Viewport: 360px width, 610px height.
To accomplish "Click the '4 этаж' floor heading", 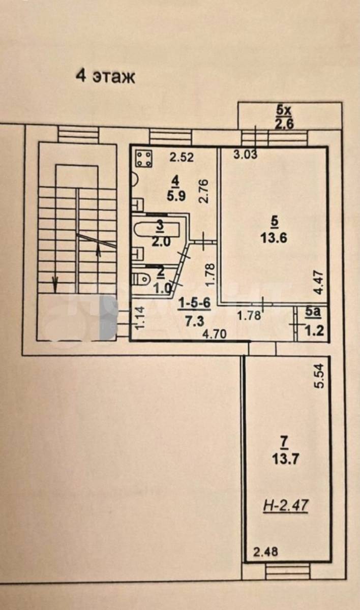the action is point(105,77).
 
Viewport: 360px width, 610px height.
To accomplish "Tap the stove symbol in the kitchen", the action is point(144,159).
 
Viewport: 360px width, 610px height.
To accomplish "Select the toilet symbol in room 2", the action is point(141,279).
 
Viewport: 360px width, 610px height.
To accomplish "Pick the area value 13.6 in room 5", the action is point(274,238).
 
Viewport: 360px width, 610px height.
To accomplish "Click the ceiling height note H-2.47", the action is point(286,506).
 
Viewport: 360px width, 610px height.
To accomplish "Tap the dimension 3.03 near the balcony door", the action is point(245,155).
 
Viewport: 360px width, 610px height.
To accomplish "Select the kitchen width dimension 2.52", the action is point(182,157).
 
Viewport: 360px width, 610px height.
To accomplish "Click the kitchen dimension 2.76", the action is point(203,191).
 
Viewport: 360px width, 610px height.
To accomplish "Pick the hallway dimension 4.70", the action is point(215,334).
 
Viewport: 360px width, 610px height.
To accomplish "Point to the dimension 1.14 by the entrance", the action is point(140,318).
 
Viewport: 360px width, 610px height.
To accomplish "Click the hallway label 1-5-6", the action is point(194,303).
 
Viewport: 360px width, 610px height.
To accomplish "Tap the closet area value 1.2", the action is point(314,331).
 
